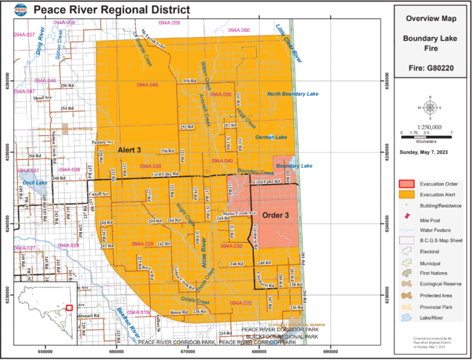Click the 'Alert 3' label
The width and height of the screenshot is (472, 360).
(130, 150)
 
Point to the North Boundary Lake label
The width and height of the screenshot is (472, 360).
(293, 94)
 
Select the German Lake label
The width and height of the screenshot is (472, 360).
(271, 137)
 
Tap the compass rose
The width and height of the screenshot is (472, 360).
(430, 108)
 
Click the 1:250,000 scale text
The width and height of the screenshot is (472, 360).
(430, 126)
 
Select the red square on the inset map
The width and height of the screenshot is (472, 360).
(69, 307)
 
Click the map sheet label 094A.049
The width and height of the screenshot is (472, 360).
(145, 84)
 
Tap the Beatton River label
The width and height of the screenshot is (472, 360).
(125, 321)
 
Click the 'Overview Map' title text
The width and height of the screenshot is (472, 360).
(430, 19)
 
